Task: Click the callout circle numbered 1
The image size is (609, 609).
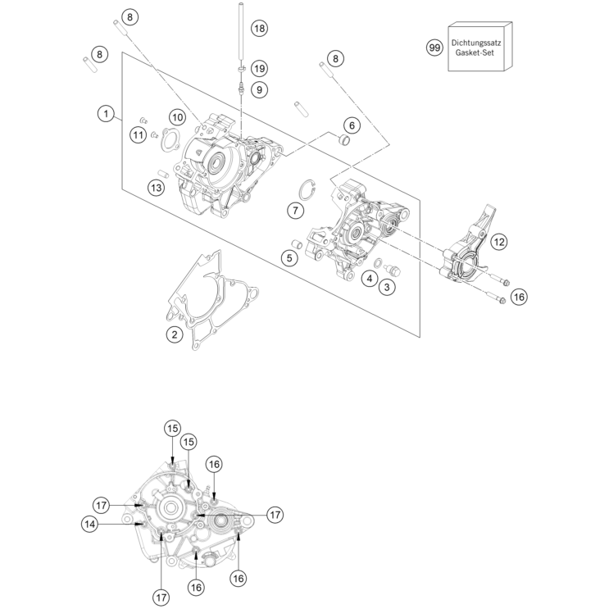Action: pyautogui.click(x=106, y=114)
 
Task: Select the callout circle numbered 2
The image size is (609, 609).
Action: pyautogui.click(x=173, y=334)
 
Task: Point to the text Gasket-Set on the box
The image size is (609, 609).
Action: pyautogui.click(x=480, y=53)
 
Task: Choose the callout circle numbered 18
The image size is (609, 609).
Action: pyautogui.click(x=259, y=28)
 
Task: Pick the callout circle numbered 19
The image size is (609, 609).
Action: pyautogui.click(x=259, y=67)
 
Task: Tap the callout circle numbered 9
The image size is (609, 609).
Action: pyautogui.click(x=259, y=89)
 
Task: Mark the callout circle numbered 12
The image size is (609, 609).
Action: pyautogui.click(x=499, y=241)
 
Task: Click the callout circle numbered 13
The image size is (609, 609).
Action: pyautogui.click(x=156, y=188)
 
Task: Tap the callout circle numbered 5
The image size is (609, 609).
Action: pyautogui.click(x=289, y=258)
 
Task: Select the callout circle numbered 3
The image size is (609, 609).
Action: pyautogui.click(x=384, y=286)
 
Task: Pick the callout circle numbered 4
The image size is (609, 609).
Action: pyautogui.click(x=370, y=279)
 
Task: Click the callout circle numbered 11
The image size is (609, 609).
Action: pyautogui.click(x=139, y=134)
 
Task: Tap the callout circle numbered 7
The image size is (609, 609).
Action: pyautogui.click(x=294, y=210)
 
